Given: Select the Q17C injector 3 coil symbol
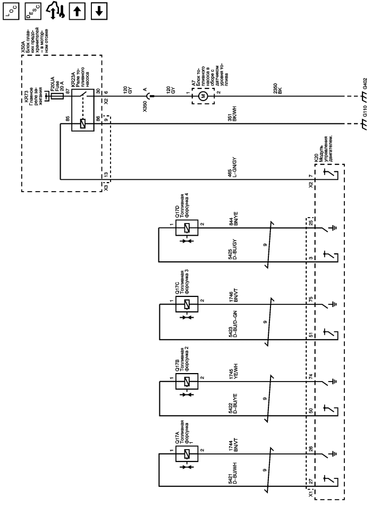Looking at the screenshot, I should (x=185, y=304).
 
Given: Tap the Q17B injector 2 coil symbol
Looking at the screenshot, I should (x=185, y=381).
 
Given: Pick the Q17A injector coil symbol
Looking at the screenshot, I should (x=185, y=454).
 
